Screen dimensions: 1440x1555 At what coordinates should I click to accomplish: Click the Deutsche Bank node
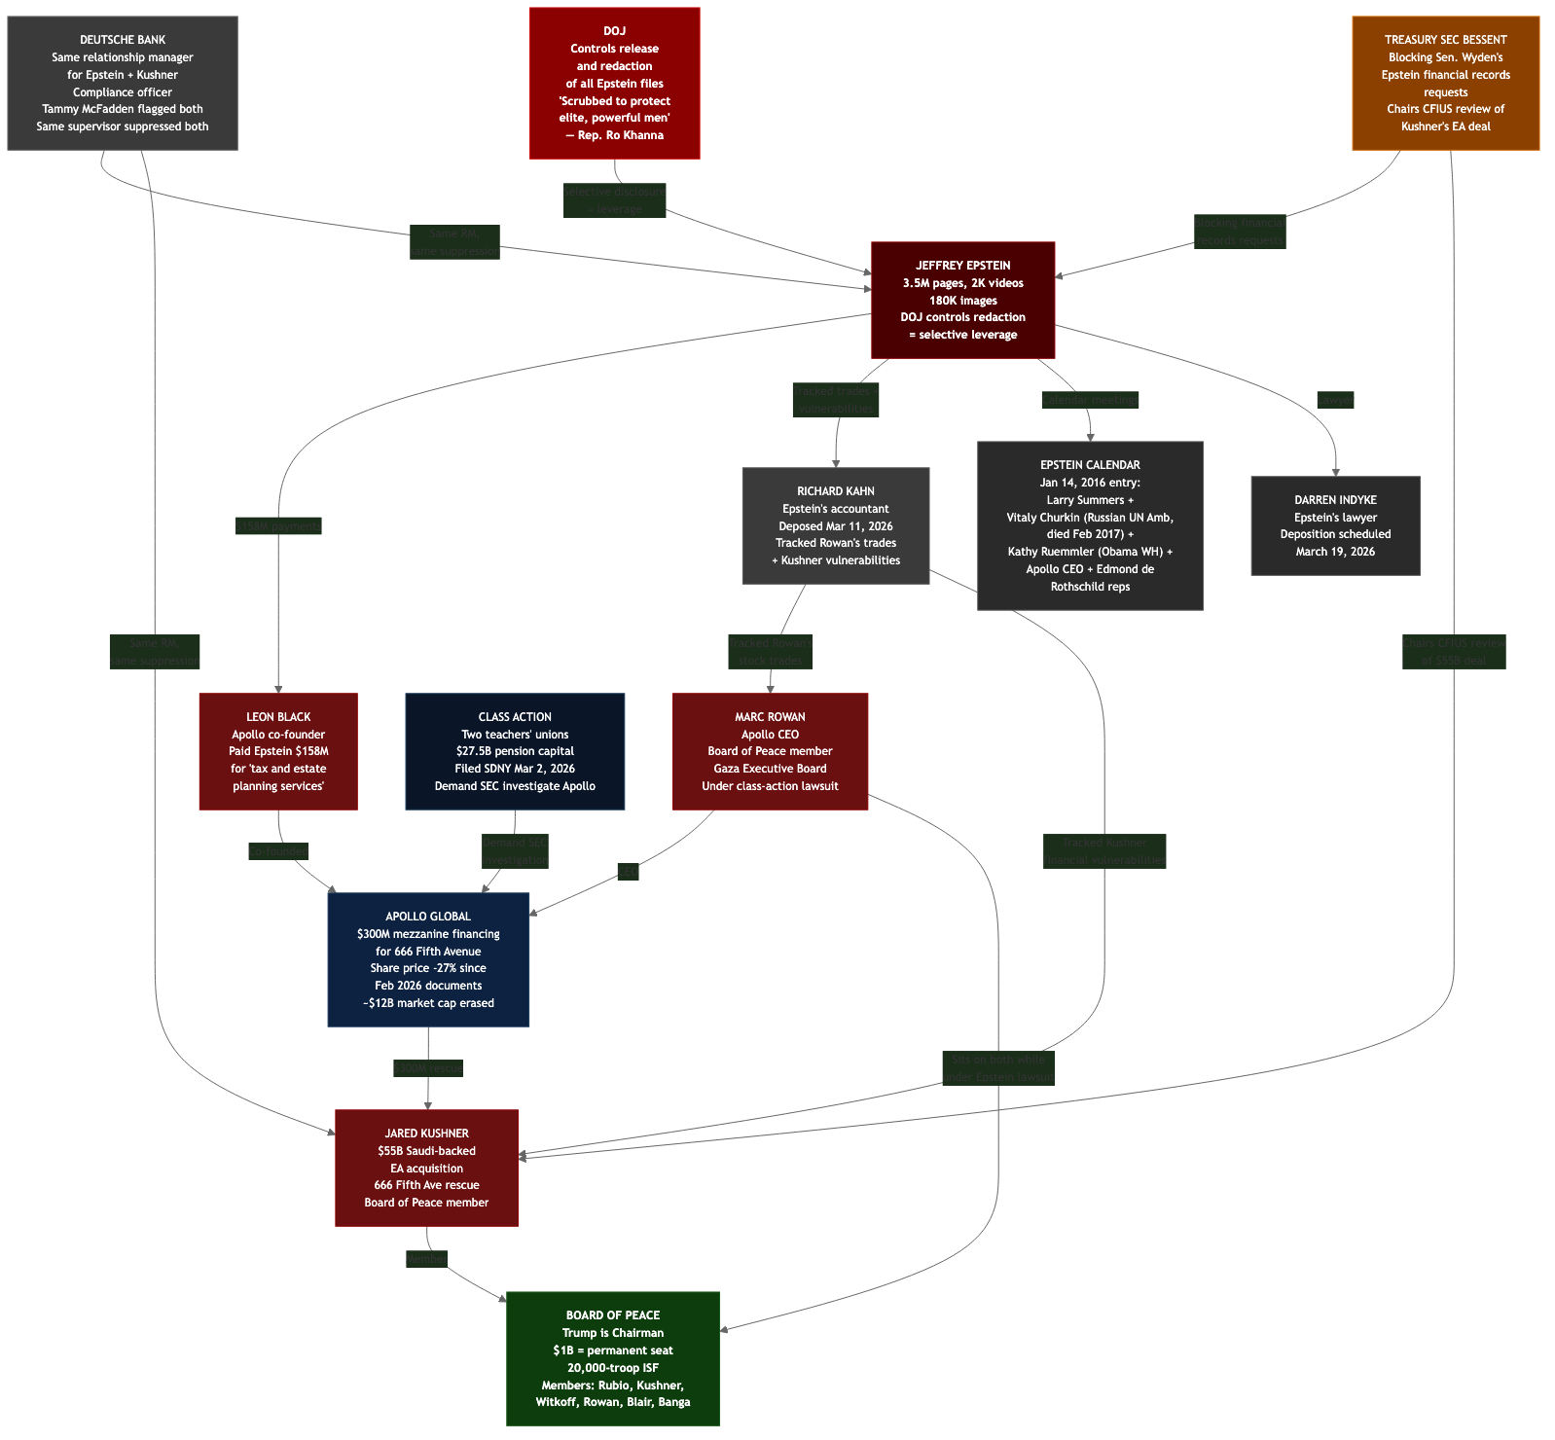click(123, 84)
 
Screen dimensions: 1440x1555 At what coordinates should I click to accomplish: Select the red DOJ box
click(614, 84)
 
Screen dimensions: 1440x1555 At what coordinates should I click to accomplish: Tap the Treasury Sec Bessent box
click(1445, 84)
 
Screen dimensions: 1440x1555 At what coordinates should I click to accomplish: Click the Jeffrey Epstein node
click(962, 300)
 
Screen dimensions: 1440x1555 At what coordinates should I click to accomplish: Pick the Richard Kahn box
click(835, 526)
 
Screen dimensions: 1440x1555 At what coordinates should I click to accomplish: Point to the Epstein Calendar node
click(1090, 526)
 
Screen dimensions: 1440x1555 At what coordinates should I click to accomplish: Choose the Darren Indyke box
click(1335, 526)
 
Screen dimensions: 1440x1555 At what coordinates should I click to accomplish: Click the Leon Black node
click(278, 751)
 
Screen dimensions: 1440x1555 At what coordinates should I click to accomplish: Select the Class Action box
click(515, 751)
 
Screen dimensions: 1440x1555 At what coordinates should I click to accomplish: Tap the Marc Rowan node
click(770, 751)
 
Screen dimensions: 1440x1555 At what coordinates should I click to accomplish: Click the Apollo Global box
click(428, 959)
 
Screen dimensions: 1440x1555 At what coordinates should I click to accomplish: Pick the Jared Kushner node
click(426, 1168)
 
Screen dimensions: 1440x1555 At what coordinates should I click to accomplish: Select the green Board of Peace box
click(613, 1358)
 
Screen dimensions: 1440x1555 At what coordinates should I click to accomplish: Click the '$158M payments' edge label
click(278, 526)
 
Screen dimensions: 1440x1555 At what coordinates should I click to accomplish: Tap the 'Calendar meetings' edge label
click(1090, 400)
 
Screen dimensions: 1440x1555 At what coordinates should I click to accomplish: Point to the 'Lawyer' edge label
click(1335, 400)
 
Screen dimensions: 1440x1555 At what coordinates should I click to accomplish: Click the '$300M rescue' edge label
click(428, 1068)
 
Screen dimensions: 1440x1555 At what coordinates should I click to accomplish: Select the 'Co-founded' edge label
click(278, 851)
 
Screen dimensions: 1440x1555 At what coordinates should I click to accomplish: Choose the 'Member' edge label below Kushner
click(426, 1259)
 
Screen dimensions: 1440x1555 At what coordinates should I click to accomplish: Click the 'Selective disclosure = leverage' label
click(615, 200)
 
